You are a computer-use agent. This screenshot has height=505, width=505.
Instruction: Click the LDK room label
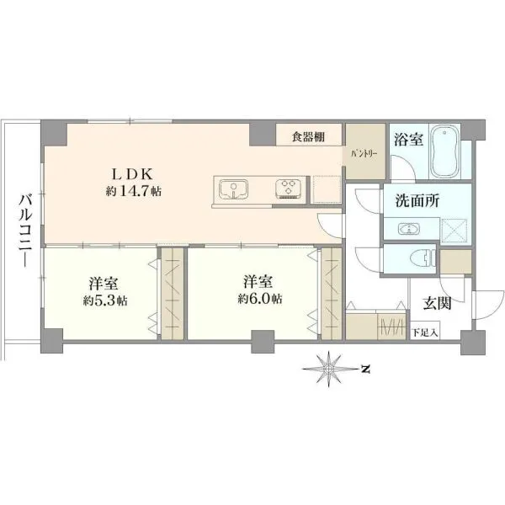click(132, 174)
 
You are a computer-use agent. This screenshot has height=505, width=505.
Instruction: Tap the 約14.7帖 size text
click(134, 191)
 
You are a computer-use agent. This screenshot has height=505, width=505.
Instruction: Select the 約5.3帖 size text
click(105, 300)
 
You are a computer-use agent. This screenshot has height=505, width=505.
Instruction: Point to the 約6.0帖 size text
click(260, 299)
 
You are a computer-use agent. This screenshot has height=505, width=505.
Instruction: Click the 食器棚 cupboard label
click(308, 137)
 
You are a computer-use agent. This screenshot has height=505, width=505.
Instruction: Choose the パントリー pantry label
click(364, 154)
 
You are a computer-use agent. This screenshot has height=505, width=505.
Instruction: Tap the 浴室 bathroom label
click(409, 140)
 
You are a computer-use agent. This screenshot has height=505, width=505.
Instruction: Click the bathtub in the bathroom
click(444, 151)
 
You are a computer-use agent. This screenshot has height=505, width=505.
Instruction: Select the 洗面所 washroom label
click(417, 201)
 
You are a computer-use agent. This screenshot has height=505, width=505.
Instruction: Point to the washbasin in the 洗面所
click(409, 229)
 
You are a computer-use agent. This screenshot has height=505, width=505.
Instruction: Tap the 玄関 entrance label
click(437, 303)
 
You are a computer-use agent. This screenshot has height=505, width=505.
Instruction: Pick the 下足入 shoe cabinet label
click(425, 332)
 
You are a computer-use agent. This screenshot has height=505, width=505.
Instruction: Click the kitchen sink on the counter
click(233, 189)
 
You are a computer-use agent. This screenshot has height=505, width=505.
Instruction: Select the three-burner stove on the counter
click(288, 188)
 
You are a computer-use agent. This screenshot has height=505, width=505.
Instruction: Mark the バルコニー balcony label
click(25, 231)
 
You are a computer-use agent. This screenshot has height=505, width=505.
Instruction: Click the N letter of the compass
click(365, 369)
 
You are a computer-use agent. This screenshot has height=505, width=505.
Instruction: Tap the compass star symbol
click(329, 369)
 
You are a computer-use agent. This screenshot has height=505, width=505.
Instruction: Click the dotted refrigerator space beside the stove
click(327, 189)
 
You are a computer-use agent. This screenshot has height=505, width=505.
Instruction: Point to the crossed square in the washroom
click(454, 229)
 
